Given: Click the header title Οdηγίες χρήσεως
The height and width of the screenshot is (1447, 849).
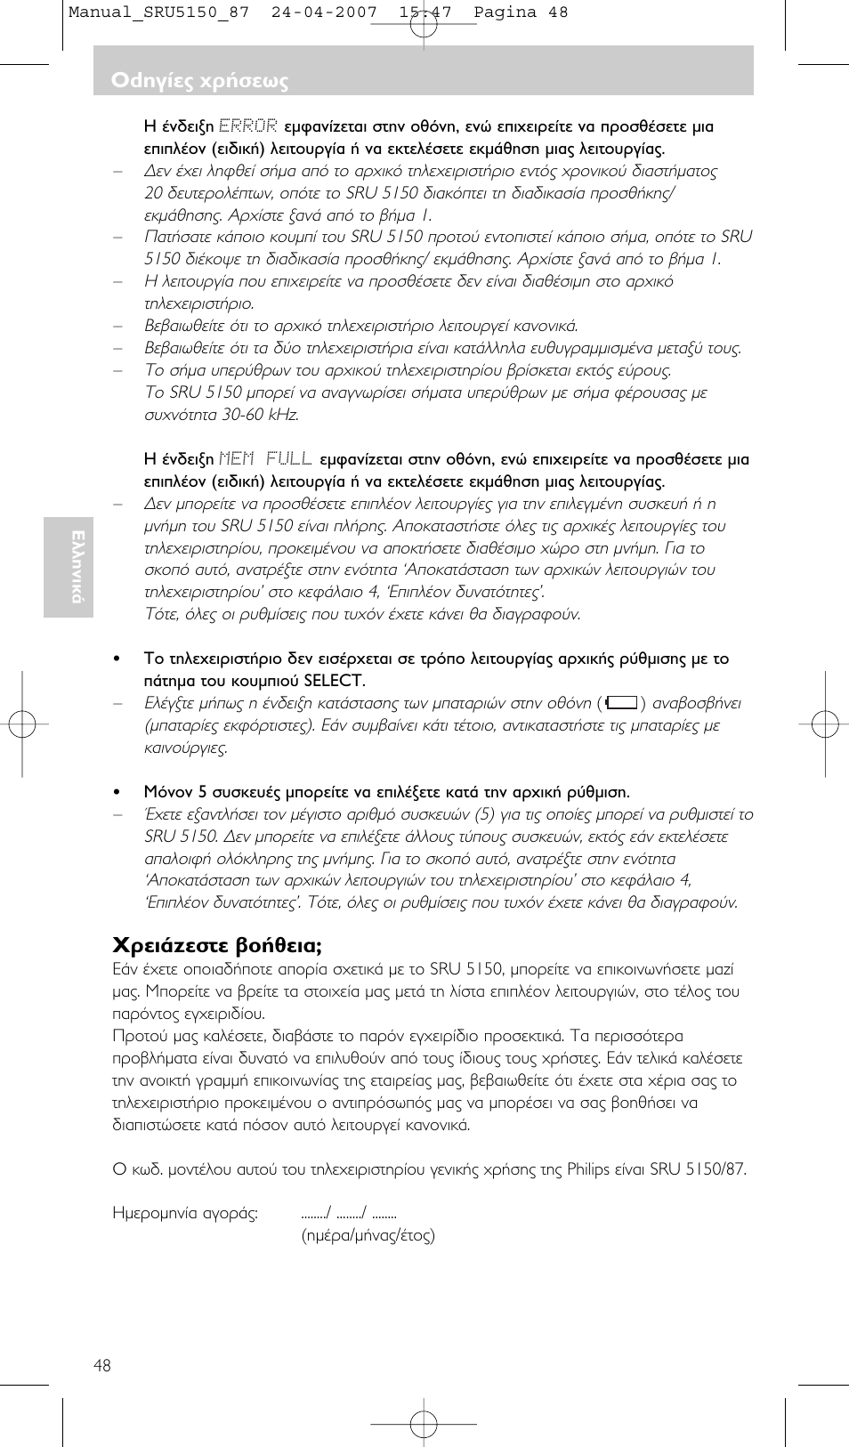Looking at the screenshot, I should click(199, 81).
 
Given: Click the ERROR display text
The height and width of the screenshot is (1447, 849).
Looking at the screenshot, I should click(247, 126).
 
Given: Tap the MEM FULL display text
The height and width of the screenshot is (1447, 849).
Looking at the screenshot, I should click(265, 459).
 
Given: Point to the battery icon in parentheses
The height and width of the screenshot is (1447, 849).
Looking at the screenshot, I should click(620, 703).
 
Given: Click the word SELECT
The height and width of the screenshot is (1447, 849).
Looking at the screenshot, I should click(333, 681).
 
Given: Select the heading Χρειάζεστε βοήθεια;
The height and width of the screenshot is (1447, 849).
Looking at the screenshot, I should click(216, 945).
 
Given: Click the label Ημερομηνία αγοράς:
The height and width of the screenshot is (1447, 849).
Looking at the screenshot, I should click(185, 1213).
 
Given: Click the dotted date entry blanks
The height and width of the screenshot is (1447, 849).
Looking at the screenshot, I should click(348, 1213).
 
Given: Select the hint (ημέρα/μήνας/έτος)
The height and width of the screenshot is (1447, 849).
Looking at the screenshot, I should click(368, 1235).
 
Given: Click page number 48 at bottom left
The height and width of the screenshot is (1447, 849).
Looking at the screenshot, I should click(102, 1365).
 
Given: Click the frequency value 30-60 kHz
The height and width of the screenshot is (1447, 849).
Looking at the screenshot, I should click(260, 415).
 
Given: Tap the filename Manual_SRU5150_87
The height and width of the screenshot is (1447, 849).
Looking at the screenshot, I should click(158, 12).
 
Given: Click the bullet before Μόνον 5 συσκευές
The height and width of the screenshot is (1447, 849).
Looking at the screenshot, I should click(117, 792).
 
